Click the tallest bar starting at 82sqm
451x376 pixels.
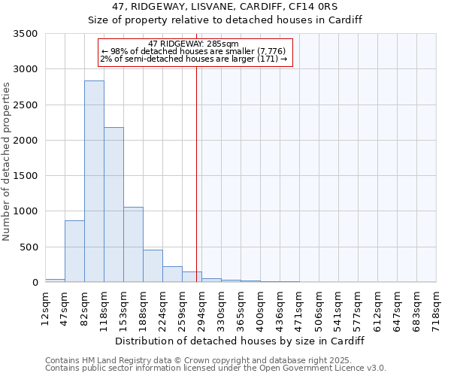(94, 181)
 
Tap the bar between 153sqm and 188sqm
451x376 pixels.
(133, 244)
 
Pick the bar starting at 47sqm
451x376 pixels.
(74, 251)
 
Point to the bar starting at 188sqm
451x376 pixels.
(153, 266)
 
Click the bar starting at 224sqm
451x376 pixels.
(172, 274)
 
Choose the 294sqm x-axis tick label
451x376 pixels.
(201, 306)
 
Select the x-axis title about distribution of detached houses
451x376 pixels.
(240, 341)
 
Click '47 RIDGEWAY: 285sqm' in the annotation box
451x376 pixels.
(194, 44)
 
